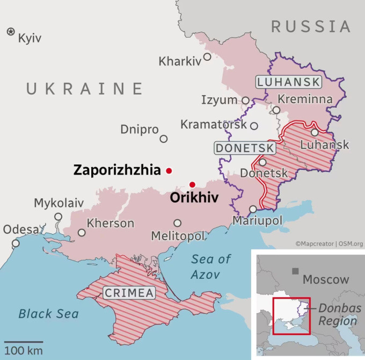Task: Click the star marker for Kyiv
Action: pos(11,32)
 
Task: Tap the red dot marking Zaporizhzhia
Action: pos(169,171)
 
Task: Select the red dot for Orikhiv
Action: pos(192,185)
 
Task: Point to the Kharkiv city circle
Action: pos(206,62)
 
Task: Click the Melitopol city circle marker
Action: pos(178,223)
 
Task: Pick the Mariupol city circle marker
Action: pos(253,209)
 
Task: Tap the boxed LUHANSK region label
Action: pos(289,82)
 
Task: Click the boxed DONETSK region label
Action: pos(245,148)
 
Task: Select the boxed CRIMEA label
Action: pos(129,293)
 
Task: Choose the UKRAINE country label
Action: pos(85,89)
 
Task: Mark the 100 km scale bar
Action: pos(25,342)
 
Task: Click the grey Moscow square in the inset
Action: pos(295,271)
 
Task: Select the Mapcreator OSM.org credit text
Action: pos(329,243)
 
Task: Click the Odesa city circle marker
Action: pos(16,243)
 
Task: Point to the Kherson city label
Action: pos(111,223)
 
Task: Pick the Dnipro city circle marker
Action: pos(164,139)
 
